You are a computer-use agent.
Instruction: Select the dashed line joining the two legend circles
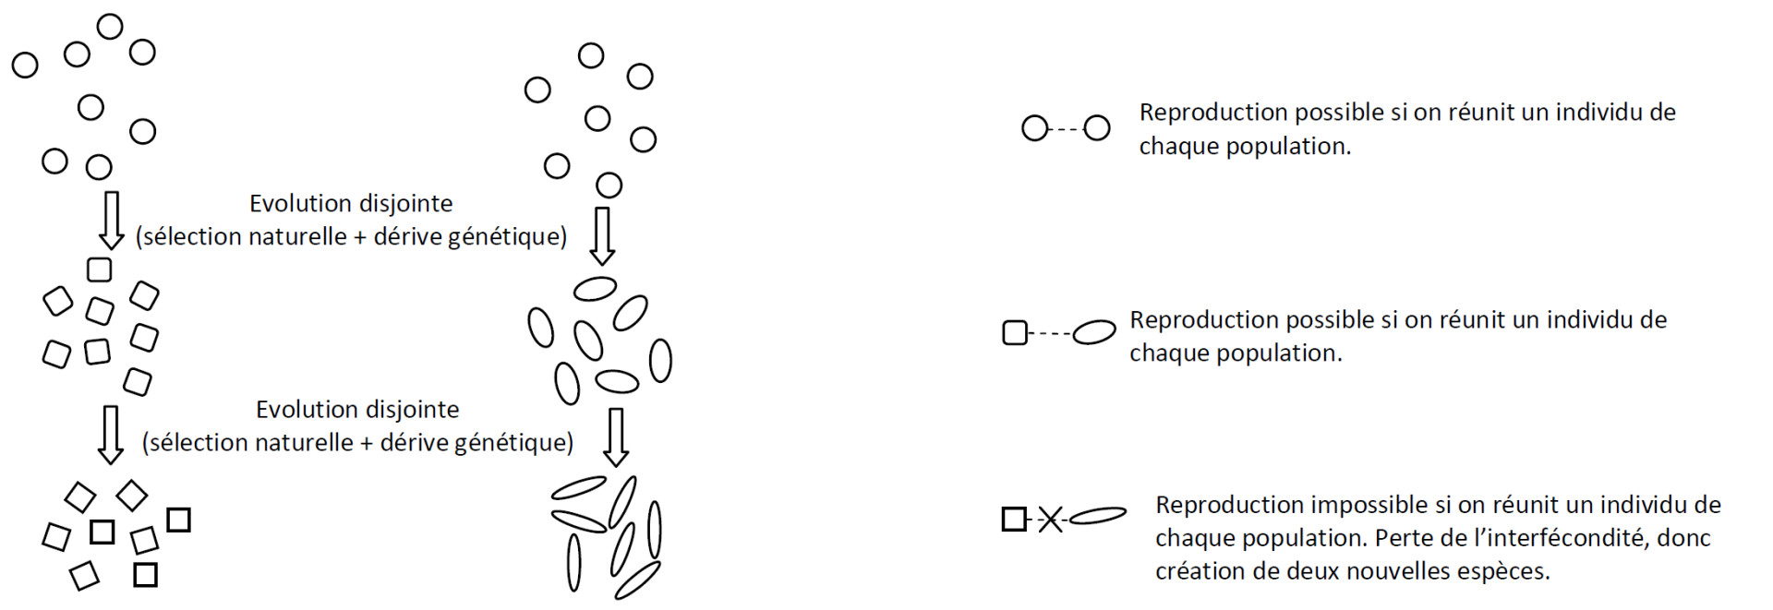coord(1066,128)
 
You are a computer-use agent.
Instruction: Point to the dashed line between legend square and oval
coord(1050,332)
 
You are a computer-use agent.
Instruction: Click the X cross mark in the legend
coord(1050,520)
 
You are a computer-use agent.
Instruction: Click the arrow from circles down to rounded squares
coord(112,221)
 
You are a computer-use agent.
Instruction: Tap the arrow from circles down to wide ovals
coord(603,236)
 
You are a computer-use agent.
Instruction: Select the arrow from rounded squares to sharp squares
coord(111,435)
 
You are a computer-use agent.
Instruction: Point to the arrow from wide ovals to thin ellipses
coord(616,437)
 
